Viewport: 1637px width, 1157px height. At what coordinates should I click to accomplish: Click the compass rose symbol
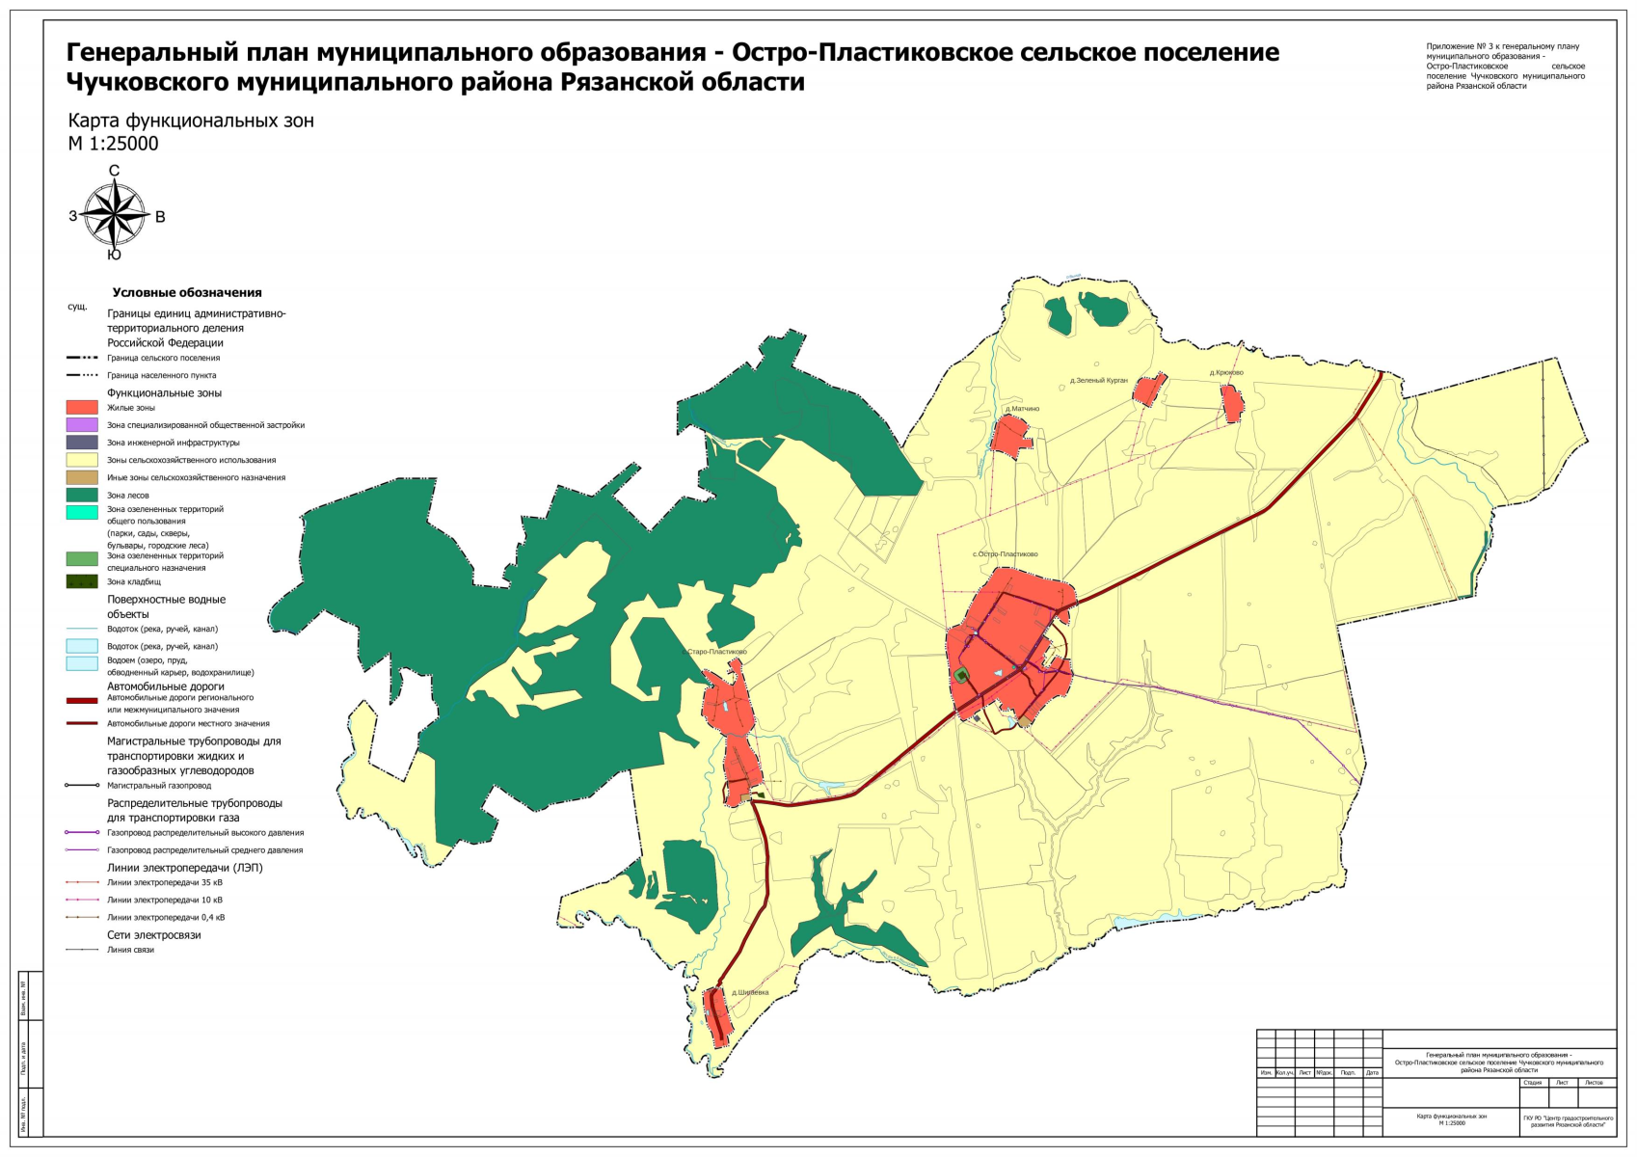[114, 215]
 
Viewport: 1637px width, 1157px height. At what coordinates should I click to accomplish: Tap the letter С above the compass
[114, 172]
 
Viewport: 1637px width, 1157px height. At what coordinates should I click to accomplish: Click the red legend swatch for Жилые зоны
[82, 408]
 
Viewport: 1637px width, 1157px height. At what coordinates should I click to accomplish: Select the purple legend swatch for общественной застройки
[82, 425]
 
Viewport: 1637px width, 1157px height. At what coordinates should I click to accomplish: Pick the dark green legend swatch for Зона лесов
[82, 496]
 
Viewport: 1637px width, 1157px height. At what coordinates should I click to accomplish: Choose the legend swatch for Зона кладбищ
[82, 582]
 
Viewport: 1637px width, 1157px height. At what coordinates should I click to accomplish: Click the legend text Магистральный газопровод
[159, 786]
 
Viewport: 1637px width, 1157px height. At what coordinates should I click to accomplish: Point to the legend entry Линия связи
[130, 950]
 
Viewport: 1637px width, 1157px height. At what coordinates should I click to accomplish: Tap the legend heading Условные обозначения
[187, 293]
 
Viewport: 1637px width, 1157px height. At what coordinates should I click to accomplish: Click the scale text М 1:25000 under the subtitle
[113, 144]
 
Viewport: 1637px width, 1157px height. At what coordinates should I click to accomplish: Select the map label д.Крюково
[1226, 373]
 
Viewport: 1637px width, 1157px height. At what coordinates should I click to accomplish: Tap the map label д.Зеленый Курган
[1098, 381]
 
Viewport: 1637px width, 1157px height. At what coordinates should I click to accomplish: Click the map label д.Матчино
[1022, 409]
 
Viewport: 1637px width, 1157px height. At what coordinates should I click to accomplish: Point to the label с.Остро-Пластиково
[1005, 554]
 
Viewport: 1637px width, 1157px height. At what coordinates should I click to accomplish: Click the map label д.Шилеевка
[750, 992]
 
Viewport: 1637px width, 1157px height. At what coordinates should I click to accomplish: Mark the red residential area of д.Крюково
[1232, 403]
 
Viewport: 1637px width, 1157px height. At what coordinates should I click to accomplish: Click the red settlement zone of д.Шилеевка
[716, 1016]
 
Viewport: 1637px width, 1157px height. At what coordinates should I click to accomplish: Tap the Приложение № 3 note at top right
[1504, 66]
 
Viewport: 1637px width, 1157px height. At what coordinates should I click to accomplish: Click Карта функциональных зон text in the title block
[1451, 1117]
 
